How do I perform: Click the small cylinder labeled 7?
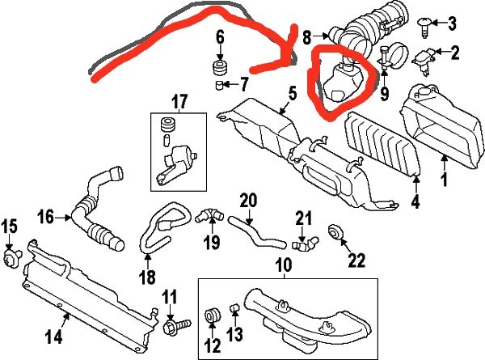point(219,84)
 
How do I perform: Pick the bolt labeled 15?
point(11,257)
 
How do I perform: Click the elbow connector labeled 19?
point(209,215)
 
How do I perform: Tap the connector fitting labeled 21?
point(305,244)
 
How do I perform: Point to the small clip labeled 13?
point(234,308)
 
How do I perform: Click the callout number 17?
point(179,102)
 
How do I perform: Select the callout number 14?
point(54,337)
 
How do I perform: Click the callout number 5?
point(293,94)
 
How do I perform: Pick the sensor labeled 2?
point(424,61)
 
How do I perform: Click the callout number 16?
point(46,217)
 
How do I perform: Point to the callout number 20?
point(248,201)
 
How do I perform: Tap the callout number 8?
point(306,37)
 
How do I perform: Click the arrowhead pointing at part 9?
point(384,74)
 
